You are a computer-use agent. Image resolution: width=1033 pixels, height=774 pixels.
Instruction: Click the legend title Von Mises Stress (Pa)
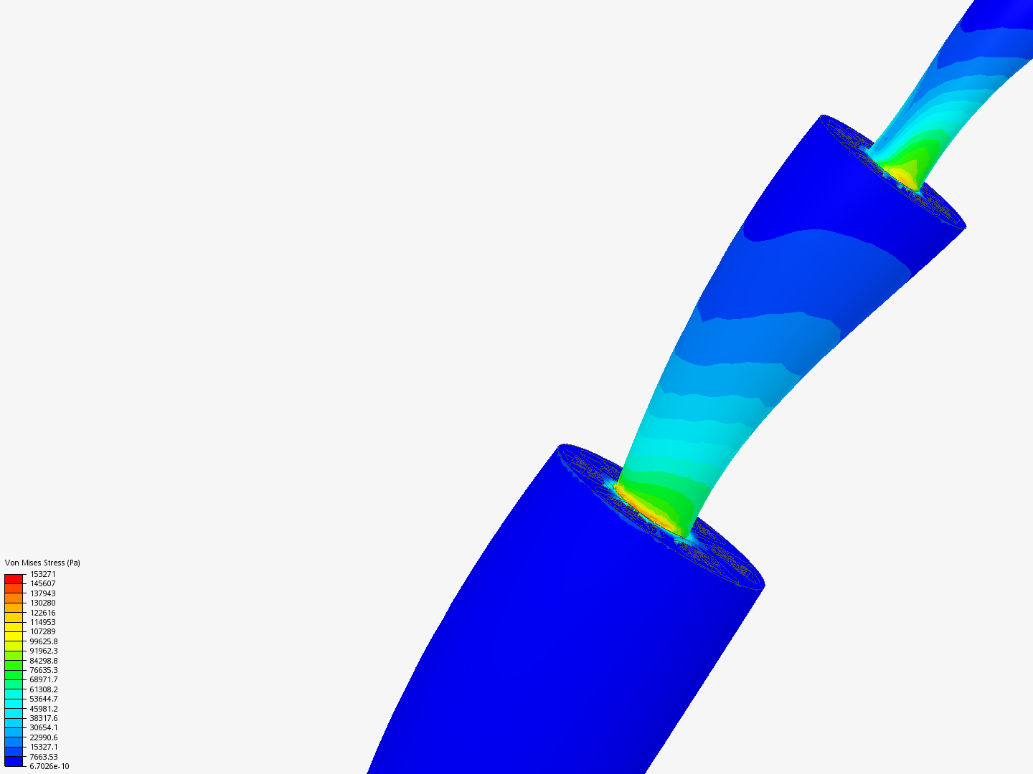[x=42, y=563]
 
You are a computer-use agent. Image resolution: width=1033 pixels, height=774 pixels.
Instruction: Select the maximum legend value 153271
[x=43, y=574]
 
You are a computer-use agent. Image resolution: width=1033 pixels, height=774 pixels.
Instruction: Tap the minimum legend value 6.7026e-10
[x=49, y=767]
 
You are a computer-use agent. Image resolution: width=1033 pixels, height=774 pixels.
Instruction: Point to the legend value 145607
[x=43, y=583]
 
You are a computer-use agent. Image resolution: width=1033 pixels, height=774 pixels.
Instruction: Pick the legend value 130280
[x=43, y=603]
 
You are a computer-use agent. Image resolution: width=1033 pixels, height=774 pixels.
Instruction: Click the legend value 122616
[x=43, y=613]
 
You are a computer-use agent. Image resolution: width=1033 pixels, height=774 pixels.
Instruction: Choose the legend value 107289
[x=43, y=631]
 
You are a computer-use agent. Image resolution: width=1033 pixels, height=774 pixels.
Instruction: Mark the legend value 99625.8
[x=44, y=641]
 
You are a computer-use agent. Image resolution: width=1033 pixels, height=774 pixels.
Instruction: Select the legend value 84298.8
[x=44, y=661]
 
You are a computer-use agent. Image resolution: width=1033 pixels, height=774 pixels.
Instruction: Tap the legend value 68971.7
[x=44, y=679]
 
